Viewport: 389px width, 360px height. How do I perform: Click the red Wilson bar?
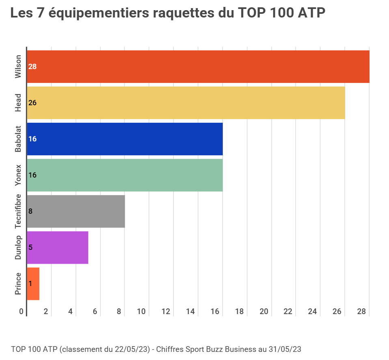point(198,67)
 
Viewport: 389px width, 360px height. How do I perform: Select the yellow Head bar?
point(186,103)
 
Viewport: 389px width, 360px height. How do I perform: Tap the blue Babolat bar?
point(125,139)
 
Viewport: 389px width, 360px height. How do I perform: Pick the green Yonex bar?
point(125,175)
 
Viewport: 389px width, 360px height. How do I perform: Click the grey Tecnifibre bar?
point(76,211)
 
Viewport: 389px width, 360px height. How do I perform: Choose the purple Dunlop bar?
point(58,247)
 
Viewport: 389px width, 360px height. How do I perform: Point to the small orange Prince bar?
point(33,284)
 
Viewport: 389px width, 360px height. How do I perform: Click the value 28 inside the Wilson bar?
point(32,67)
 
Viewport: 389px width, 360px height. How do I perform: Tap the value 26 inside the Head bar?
point(32,103)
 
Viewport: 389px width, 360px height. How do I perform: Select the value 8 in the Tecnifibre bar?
point(30,211)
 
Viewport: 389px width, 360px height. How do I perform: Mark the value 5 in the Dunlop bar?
point(30,247)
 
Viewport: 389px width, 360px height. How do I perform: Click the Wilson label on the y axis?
point(18,67)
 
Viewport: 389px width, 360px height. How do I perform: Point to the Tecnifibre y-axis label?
point(18,211)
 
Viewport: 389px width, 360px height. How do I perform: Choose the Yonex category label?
point(18,176)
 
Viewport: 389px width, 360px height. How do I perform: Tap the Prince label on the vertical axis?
point(18,284)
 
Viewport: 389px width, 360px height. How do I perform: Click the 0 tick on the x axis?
point(22,312)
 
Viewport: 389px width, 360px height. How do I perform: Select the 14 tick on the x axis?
point(190,312)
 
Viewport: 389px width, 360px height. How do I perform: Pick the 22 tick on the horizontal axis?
point(288,312)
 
